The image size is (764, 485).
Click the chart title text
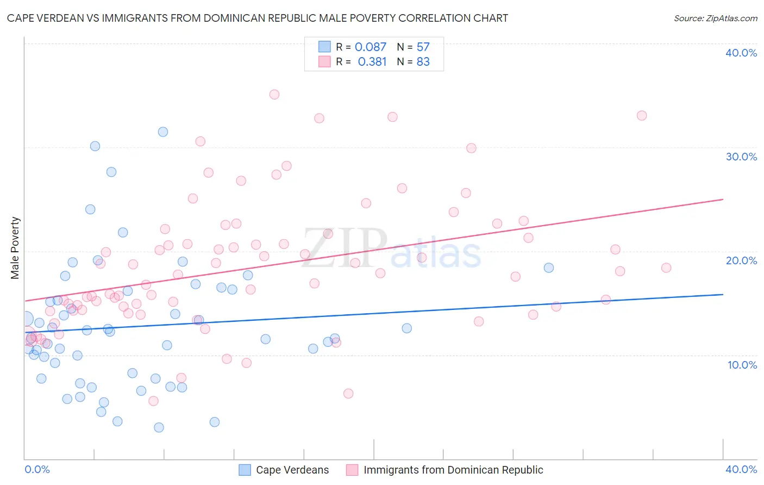pos(258,18)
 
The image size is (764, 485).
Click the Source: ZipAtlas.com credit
pos(715,18)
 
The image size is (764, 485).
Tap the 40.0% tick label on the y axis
pos(741,53)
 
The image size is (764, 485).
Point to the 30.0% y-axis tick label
pos(741,157)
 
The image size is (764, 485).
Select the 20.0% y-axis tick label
pos(741,260)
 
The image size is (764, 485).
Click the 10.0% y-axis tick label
pos(742,365)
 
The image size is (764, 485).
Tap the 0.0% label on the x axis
pos(37,469)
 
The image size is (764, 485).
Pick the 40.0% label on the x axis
pos(741,469)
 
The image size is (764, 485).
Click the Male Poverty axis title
pos(15,248)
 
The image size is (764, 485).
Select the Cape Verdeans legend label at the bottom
pos(292,470)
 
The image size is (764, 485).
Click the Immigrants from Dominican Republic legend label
pos(453,470)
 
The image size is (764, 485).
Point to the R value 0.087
pos(371,47)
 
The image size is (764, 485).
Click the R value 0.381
pos(372,62)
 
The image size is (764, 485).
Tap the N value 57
pos(423,47)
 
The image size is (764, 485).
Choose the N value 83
pos(423,62)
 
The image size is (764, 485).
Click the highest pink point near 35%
pos(274,95)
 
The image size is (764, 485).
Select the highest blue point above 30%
pos(163,132)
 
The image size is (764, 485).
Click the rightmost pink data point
pos(666,268)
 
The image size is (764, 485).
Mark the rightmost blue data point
pos(549,268)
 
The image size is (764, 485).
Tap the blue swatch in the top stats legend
pos(324,47)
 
